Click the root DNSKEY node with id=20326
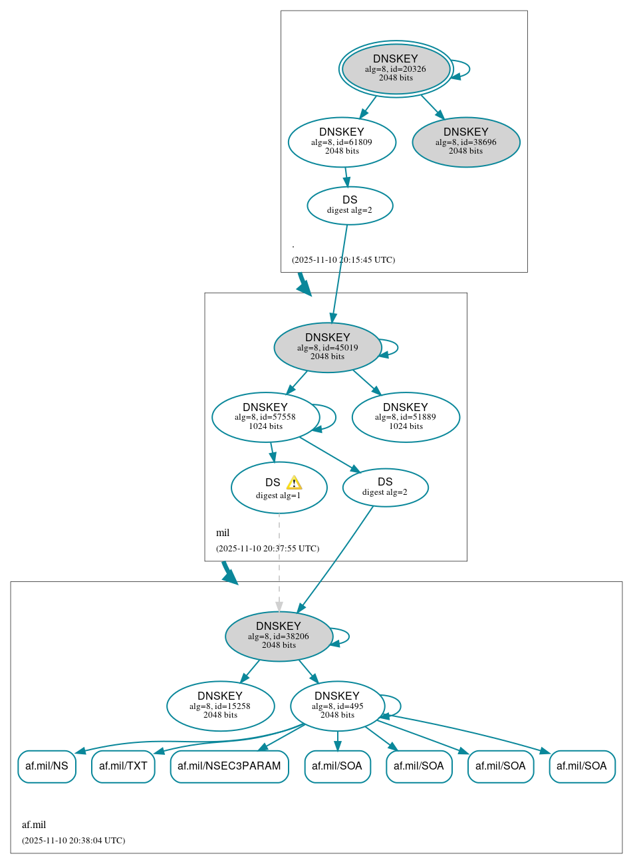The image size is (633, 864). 396,69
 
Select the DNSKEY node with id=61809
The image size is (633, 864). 342,142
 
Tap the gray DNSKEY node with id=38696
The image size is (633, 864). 465,142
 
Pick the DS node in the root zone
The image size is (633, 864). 350,206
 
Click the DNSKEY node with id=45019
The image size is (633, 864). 327,347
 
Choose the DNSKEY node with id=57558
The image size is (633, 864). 265,417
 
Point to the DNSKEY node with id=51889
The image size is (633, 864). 406,417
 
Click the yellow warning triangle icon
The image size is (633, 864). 294,483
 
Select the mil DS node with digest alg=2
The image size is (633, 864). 385,488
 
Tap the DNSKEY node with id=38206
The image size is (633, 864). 279,636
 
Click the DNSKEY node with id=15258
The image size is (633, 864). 220,706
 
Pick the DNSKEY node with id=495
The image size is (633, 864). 337,706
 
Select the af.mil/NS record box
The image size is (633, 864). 47,766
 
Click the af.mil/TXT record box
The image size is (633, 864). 123,766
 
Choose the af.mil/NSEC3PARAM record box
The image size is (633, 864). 229,766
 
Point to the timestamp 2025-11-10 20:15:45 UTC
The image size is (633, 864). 343,260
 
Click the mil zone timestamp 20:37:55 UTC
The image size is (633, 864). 267,549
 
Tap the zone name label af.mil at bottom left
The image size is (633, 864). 34,825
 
